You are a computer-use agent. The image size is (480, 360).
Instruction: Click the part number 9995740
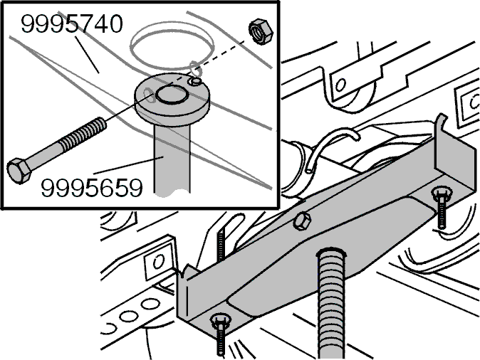(x=72, y=24)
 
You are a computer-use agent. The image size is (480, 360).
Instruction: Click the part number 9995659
(x=92, y=188)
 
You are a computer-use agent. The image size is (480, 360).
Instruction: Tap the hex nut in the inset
(x=261, y=31)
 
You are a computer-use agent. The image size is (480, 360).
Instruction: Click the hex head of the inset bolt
(x=19, y=171)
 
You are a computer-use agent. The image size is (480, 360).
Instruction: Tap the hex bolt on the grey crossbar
(x=302, y=221)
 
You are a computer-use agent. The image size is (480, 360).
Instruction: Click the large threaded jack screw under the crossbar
(x=332, y=303)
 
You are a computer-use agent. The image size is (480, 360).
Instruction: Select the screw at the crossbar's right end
(x=441, y=207)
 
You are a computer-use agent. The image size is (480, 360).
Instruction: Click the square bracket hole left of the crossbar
(x=158, y=262)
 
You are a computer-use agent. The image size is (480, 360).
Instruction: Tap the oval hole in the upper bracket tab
(x=340, y=85)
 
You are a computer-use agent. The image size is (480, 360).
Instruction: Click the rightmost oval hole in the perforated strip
(x=150, y=304)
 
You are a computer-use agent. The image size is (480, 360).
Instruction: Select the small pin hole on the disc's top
(x=195, y=81)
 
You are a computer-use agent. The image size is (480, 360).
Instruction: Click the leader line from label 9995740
(x=88, y=55)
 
